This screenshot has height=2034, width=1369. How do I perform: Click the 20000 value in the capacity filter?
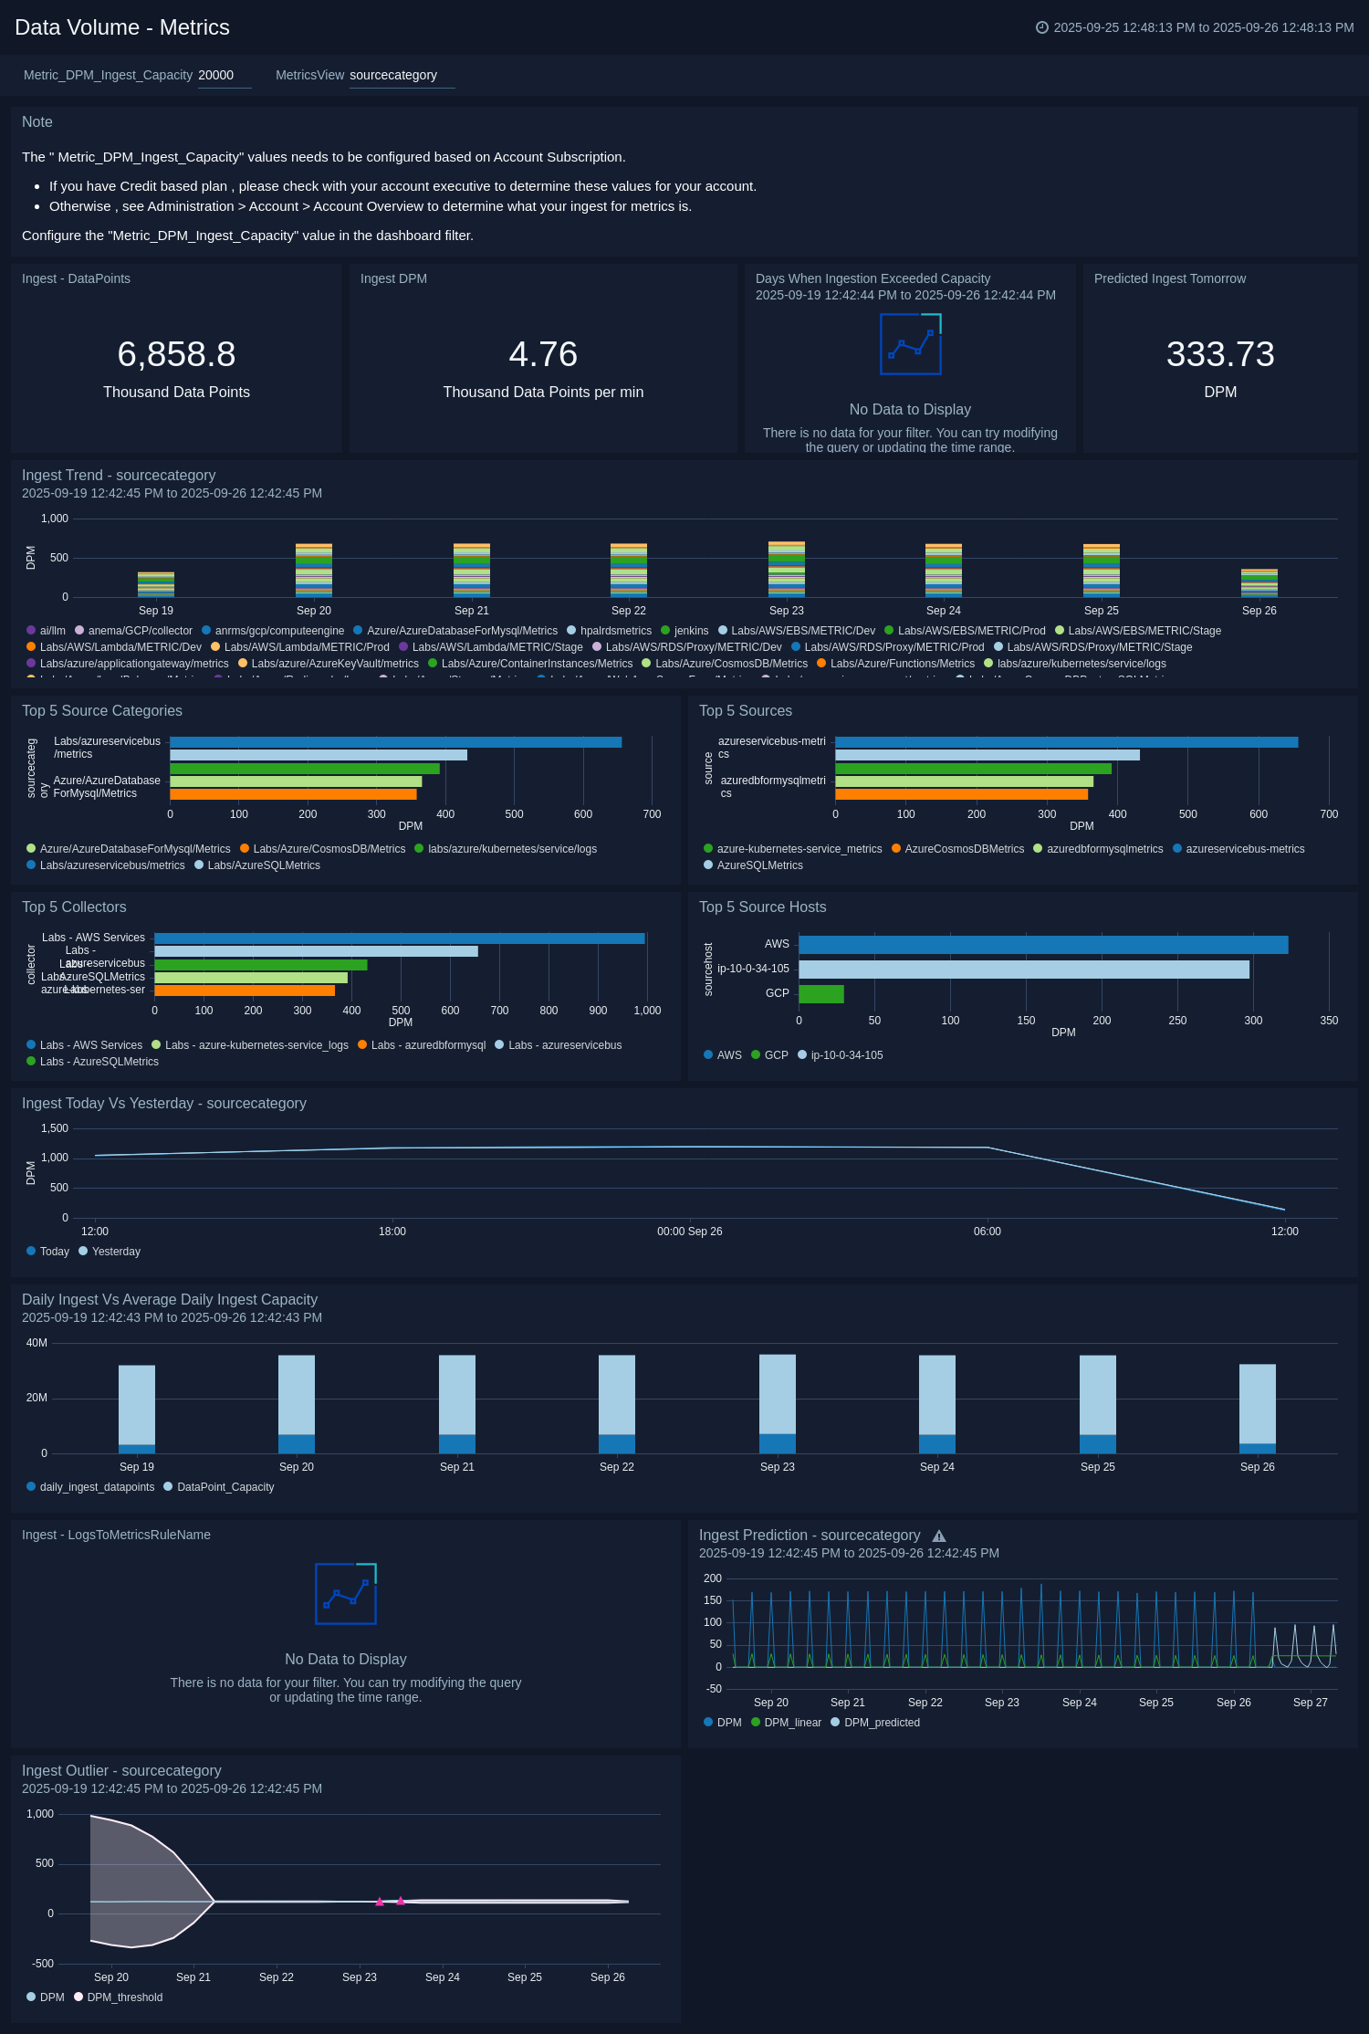(x=216, y=75)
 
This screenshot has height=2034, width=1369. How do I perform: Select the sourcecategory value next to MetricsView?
(x=393, y=75)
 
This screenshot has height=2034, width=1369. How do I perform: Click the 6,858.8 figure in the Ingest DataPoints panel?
(x=176, y=354)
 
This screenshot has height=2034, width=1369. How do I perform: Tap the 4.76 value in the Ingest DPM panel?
(x=543, y=354)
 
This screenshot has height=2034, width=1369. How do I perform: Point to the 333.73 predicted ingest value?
(x=1220, y=354)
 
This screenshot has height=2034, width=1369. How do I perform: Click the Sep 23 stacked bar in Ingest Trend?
(x=786, y=570)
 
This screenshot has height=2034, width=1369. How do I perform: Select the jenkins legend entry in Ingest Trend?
(x=691, y=631)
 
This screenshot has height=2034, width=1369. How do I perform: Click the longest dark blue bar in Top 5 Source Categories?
(x=395, y=742)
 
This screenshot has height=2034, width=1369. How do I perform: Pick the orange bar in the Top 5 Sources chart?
(x=961, y=794)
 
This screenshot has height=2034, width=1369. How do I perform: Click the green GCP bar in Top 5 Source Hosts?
(x=820, y=994)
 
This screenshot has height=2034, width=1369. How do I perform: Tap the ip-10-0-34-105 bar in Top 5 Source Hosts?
(x=1023, y=970)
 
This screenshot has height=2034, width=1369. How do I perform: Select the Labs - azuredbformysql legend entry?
(x=428, y=1045)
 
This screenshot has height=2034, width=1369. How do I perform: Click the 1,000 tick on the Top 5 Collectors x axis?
(x=647, y=1011)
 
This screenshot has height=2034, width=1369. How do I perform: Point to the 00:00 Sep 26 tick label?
(x=689, y=1232)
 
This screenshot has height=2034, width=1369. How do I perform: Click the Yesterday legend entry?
(x=116, y=1252)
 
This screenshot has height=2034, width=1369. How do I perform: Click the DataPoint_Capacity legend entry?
(x=225, y=1487)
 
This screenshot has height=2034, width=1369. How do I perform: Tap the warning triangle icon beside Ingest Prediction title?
(x=939, y=1536)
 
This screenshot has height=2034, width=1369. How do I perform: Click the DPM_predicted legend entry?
(x=882, y=1723)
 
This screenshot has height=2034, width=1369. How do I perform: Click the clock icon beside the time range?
(x=1041, y=27)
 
